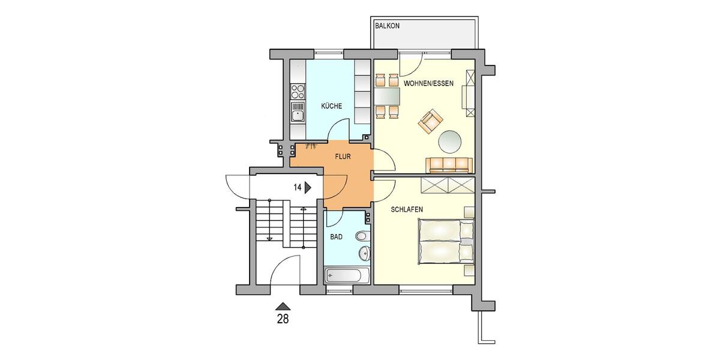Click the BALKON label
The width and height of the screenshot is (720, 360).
[387, 26]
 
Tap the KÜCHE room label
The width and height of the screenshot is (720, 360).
[331, 106]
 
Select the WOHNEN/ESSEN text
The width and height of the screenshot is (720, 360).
[428, 83]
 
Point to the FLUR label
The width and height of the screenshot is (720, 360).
[343, 157]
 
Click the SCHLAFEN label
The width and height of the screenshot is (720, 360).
[407, 209]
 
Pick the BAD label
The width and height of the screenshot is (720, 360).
[337, 237]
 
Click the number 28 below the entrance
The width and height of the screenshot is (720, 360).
[282, 319]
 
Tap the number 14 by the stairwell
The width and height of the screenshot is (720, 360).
[297, 187]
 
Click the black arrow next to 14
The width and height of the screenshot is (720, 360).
[308, 187]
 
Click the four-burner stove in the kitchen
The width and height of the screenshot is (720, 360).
[298, 91]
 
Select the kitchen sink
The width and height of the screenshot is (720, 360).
[298, 112]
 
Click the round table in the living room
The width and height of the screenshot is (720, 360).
[451, 142]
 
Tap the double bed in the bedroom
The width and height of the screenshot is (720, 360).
[446, 241]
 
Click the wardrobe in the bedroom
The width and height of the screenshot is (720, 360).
[448, 185]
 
